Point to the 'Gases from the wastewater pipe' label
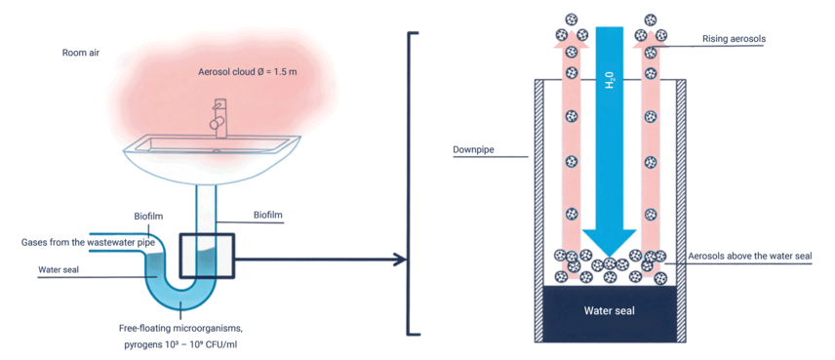click(88, 242)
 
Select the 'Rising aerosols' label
click(734, 38)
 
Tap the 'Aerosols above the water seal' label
click(749, 257)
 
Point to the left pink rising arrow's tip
click(572, 29)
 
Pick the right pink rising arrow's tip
click(651, 29)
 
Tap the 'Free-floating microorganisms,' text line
click(180, 325)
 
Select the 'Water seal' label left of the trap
click(59, 269)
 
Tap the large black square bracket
click(409, 183)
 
